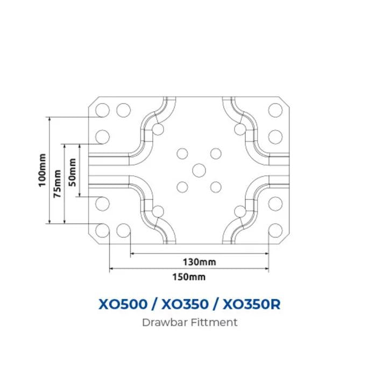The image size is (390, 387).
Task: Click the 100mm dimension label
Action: [42, 170]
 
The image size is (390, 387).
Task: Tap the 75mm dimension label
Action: [58, 184]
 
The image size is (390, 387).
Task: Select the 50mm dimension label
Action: [72, 172]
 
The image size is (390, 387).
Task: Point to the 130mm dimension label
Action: [200, 262]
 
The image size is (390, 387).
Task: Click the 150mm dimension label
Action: [189, 277]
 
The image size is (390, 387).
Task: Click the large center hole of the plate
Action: [199, 170]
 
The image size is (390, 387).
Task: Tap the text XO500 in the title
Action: [123, 304]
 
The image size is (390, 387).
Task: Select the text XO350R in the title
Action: [251, 304]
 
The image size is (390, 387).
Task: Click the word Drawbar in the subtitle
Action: [165, 322]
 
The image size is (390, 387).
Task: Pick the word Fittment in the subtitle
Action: [214, 322]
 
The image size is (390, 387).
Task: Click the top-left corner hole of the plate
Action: [102, 110]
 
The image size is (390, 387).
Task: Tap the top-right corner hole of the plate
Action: [275, 110]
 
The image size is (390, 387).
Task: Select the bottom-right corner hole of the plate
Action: [275, 231]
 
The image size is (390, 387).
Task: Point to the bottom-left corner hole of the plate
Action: [102, 231]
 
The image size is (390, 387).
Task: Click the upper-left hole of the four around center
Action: [182, 154]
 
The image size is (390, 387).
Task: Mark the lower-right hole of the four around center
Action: [216, 187]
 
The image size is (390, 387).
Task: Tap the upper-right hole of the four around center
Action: [216, 154]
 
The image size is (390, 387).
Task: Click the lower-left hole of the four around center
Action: [182, 187]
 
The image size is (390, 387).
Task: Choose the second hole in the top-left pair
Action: [124, 110]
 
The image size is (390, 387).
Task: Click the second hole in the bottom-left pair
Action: [124, 231]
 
